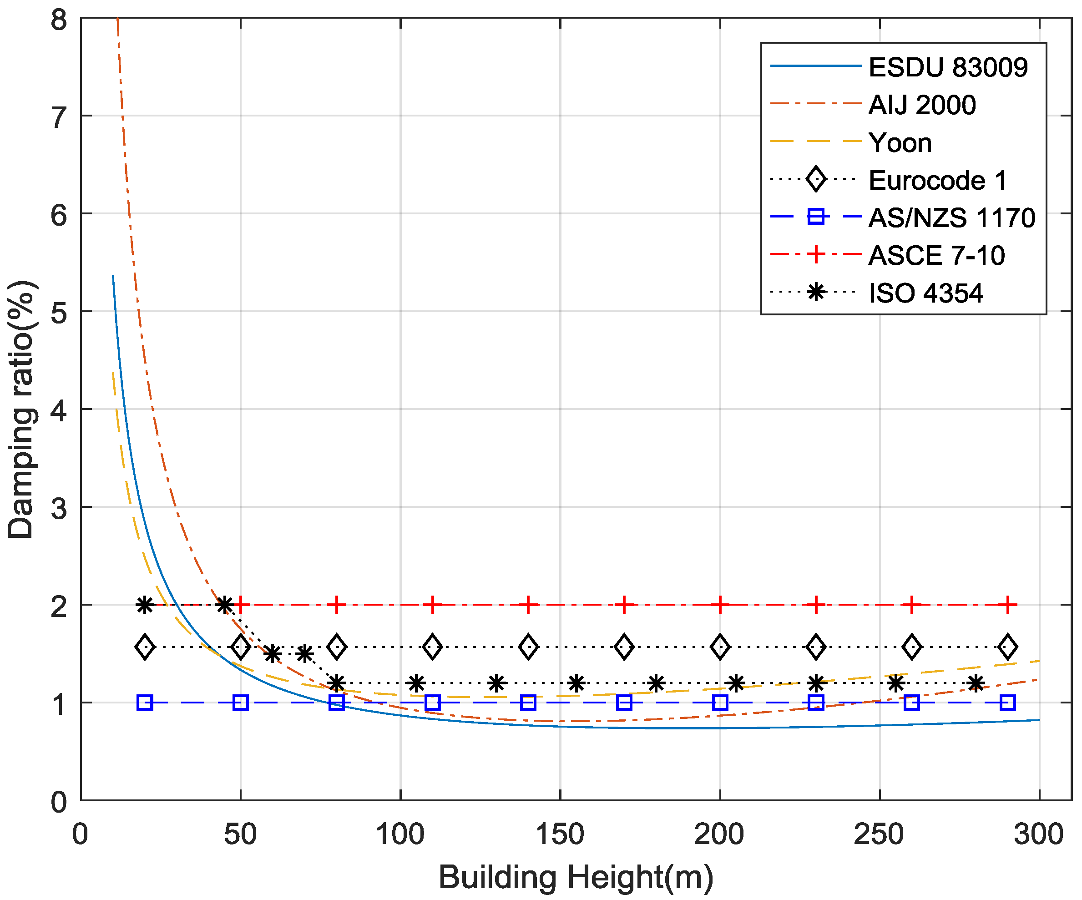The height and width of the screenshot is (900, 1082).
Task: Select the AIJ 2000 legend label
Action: click(921, 105)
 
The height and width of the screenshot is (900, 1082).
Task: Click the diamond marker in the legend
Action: click(816, 179)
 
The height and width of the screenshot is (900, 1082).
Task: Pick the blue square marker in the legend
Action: click(816, 217)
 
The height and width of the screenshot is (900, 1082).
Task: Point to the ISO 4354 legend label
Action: click(925, 293)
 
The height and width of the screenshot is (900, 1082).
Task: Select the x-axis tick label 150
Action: click(560, 834)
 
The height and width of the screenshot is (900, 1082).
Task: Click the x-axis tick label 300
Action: click(1038, 834)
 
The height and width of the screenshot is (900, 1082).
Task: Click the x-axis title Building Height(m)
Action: click(576, 877)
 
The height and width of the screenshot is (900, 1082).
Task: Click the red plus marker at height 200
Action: click(720, 604)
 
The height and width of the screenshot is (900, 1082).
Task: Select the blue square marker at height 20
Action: click(145, 702)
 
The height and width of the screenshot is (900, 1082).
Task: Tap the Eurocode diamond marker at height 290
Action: click(1007, 647)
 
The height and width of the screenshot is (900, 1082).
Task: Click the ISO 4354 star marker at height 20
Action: click(145, 604)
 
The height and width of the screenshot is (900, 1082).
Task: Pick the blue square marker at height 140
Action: click(528, 702)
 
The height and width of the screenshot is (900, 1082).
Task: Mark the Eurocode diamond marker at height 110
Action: click(432, 647)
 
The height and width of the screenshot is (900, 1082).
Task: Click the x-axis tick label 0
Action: click(80, 834)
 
